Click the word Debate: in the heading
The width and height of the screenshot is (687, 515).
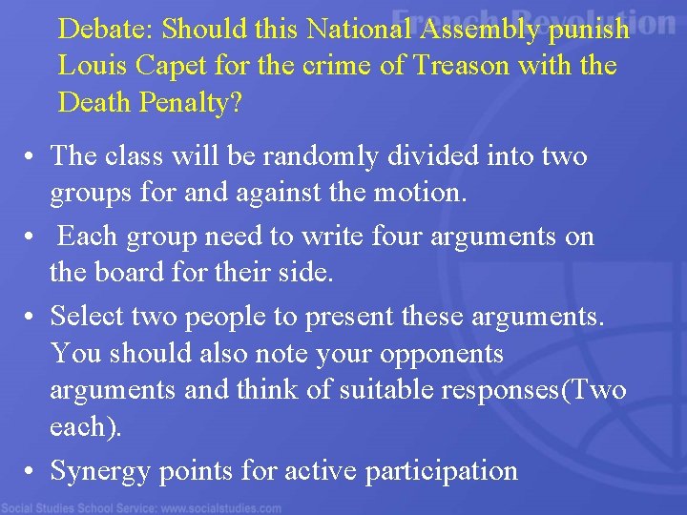(106, 30)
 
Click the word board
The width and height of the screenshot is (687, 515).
(135, 274)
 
